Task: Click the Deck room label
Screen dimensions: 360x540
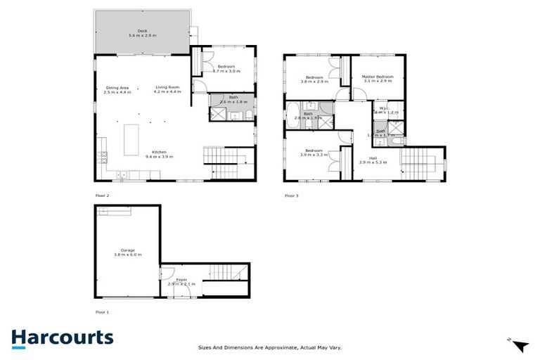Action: coord(142,30)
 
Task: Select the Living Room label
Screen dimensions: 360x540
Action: coord(168,87)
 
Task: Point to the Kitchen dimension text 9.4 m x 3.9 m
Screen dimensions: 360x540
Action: coord(159,157)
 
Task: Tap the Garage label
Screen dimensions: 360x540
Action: coord(127,250)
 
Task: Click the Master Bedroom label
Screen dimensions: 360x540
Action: coord(377,77)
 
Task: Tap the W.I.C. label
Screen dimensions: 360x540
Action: coord(384,108)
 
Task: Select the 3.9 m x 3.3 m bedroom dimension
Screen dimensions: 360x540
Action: coord(314,154)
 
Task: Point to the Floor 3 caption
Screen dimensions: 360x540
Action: coord(291,195)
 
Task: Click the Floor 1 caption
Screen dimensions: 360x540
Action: coord(103,311)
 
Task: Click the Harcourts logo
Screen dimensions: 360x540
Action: coord(62,338)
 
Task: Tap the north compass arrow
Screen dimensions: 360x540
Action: coord(519,345)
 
